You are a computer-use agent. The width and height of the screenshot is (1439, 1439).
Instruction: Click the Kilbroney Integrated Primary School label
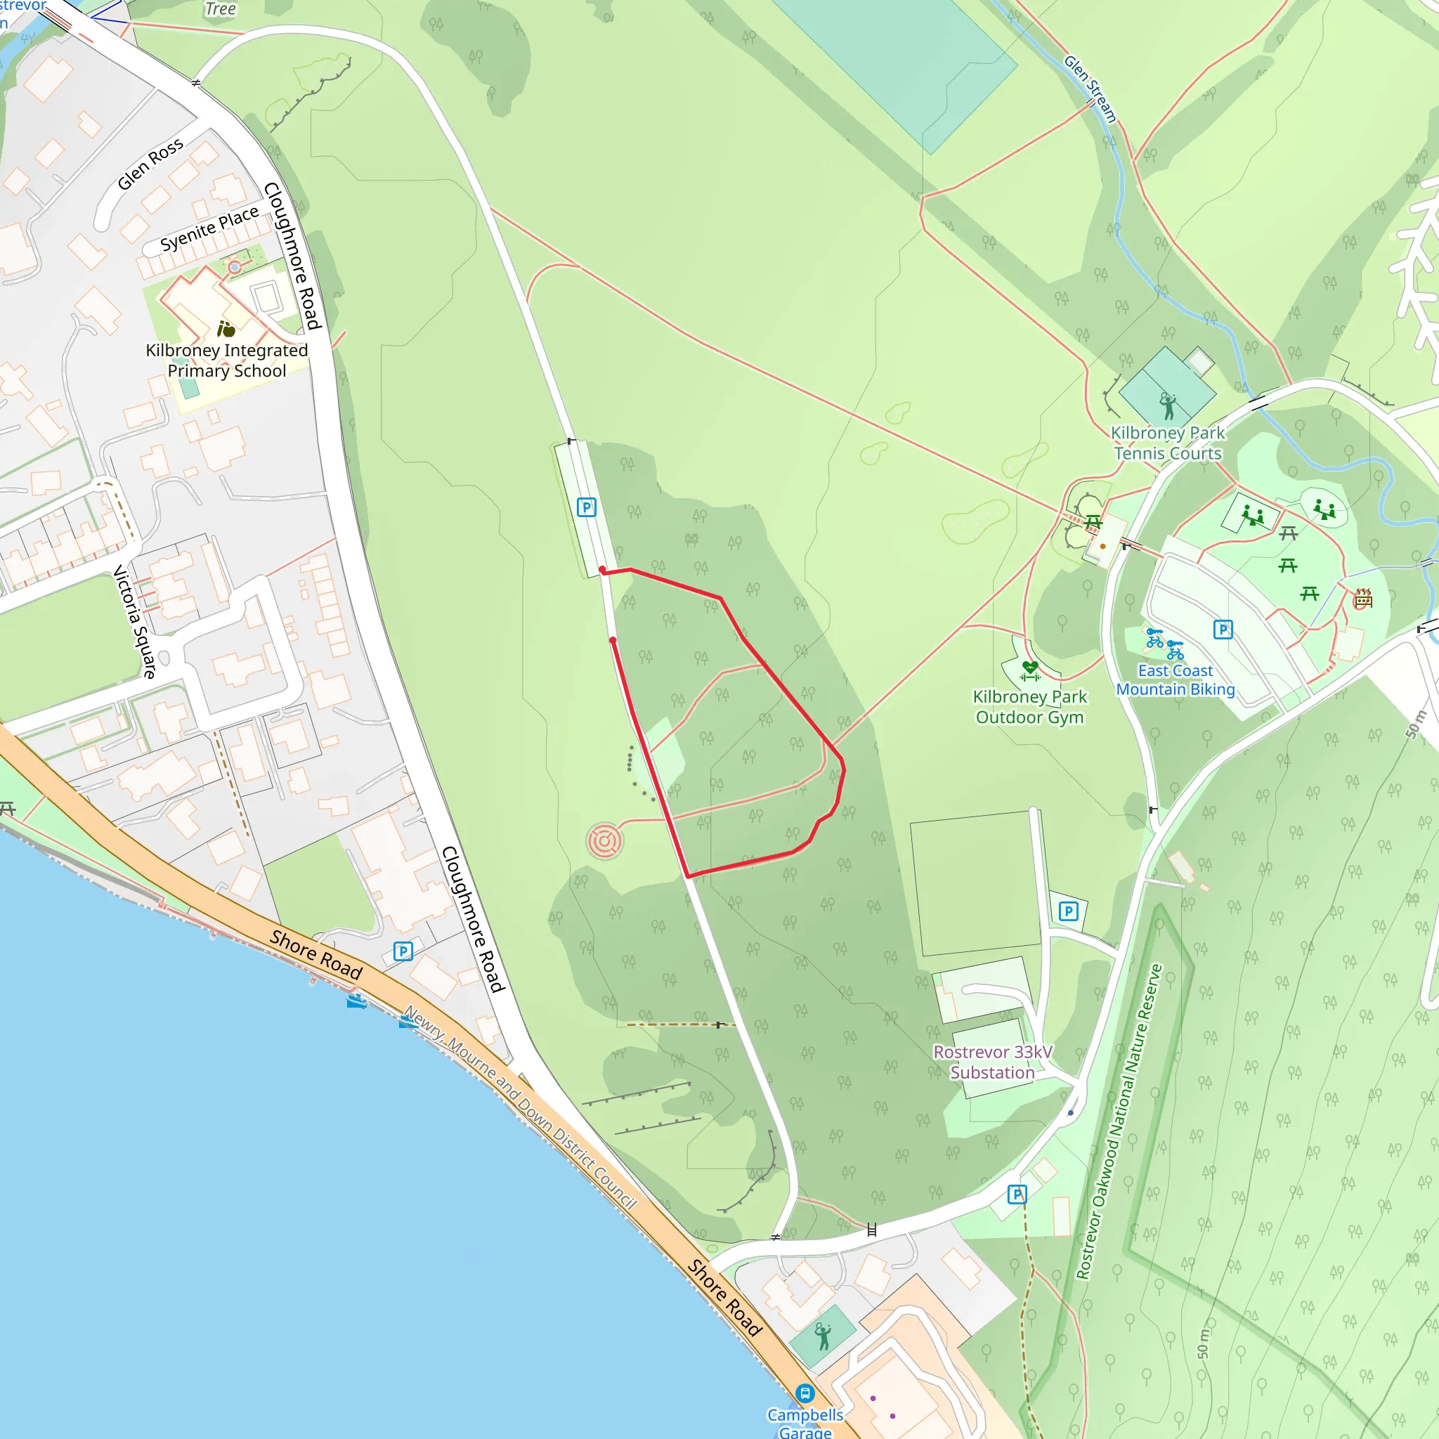point(226,360)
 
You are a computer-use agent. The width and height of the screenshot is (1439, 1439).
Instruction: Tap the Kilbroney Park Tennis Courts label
point(1167,443)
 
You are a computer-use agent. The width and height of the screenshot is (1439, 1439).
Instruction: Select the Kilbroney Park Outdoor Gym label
point(1029,707)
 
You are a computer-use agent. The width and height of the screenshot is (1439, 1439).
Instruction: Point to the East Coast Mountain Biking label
point(1175,680)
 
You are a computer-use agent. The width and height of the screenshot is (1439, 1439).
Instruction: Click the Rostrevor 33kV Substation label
point(992,1062)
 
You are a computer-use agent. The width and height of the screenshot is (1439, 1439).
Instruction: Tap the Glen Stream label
point(1090,89)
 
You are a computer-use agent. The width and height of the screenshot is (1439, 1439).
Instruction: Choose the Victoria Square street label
point(134,621)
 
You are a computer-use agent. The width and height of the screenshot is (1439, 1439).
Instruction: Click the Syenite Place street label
point(209,228)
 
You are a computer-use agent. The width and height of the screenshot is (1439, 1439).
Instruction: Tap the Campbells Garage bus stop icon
point(805,1393)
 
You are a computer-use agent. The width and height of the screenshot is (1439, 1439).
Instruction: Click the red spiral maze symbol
point(605,842)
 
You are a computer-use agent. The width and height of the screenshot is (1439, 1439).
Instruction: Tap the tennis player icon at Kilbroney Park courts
point(1168,407)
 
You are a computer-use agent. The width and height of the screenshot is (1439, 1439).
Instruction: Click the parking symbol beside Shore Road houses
point(403,951)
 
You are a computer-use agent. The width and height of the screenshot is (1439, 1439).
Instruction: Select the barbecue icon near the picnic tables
point(1363,598)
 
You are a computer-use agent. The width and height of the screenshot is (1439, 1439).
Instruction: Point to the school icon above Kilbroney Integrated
point(226,328)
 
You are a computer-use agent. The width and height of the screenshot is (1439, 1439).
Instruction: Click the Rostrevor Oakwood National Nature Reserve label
point(1119,1121)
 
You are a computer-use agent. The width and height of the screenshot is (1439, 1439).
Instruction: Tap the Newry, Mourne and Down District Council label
point(520,1107)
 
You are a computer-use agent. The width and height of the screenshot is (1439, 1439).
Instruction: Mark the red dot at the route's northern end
point(602,571)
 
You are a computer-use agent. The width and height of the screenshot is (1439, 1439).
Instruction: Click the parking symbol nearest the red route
point(586,507)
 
